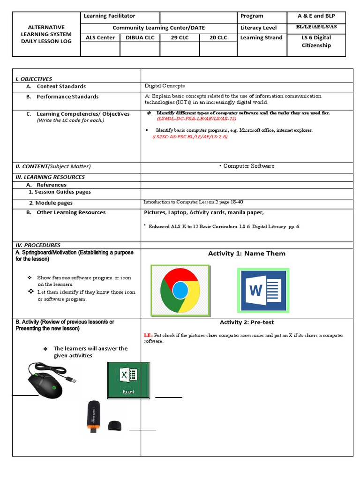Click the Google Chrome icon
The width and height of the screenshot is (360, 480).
tap(180, 291)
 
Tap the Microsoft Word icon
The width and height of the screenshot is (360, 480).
tap(263, 290)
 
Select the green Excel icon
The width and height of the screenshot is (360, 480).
tap(128, 380)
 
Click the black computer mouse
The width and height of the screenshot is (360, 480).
tap(48, 381)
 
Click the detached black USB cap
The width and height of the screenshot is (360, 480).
tap(114, 426)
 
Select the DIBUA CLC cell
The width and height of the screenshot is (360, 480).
tap(140, 37)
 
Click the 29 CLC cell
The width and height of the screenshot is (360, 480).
tap(180, 37)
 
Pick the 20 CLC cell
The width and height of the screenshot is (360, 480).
tap(218, 37)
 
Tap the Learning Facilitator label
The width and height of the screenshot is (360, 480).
tap(109, 16)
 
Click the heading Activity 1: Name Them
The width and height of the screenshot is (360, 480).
tap(247, 254)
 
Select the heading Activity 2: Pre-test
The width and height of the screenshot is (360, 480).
tap(247, 322)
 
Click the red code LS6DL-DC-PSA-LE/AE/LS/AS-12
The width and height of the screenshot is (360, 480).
tap(200, 119)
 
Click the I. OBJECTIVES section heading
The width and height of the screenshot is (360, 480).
tap(34, 79)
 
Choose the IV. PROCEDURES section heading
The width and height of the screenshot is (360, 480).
tap(38, 245)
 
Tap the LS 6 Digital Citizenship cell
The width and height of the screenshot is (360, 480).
tap(315, 41)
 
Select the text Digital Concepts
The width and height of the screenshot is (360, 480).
tap(165, 86)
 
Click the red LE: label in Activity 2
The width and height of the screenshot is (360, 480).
tap(148, 336)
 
